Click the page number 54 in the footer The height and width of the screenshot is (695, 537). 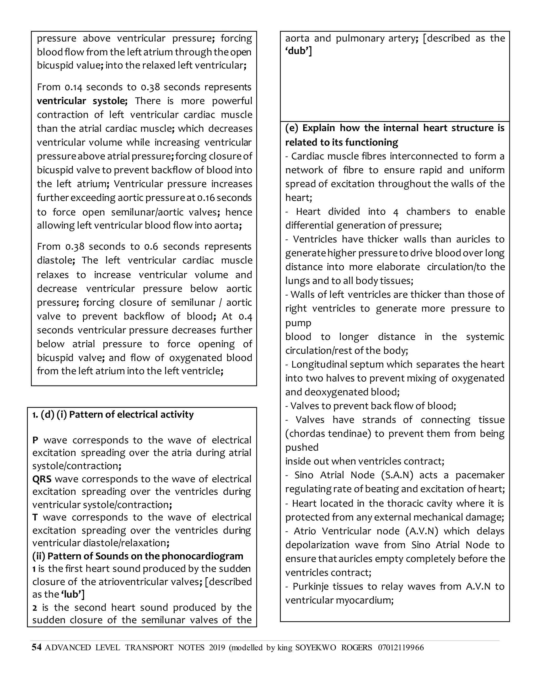37,647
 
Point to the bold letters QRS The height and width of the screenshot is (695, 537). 42,479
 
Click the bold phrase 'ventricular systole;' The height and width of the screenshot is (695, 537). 82,101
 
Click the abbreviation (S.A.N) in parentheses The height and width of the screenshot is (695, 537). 397,475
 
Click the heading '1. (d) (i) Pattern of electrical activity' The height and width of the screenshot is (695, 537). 113,415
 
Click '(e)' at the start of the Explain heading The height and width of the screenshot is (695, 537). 291,128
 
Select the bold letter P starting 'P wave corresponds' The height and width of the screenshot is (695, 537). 35,440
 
